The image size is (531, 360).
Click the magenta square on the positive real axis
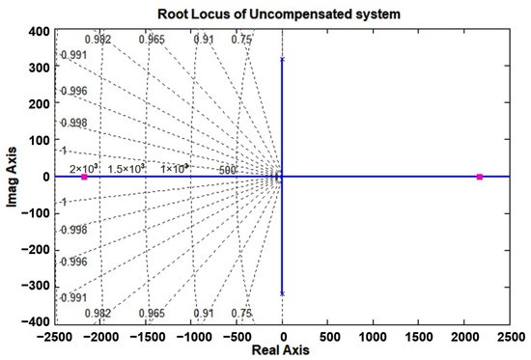(x=480, y=177)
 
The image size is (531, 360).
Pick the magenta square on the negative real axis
(x=84, y=178)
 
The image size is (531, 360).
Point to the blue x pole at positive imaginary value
(x=282, y=60)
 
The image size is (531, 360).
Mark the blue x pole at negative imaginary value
(x=282, y=293)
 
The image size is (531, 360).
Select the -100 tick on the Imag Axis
(x=35, y=213)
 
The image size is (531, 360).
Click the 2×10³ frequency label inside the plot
(x=84, y=169)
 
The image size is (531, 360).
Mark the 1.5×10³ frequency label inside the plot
(x=126, y=169)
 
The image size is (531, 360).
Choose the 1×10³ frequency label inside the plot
(x=174, y=169)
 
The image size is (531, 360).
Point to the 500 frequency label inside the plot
(x=228, y=170)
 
